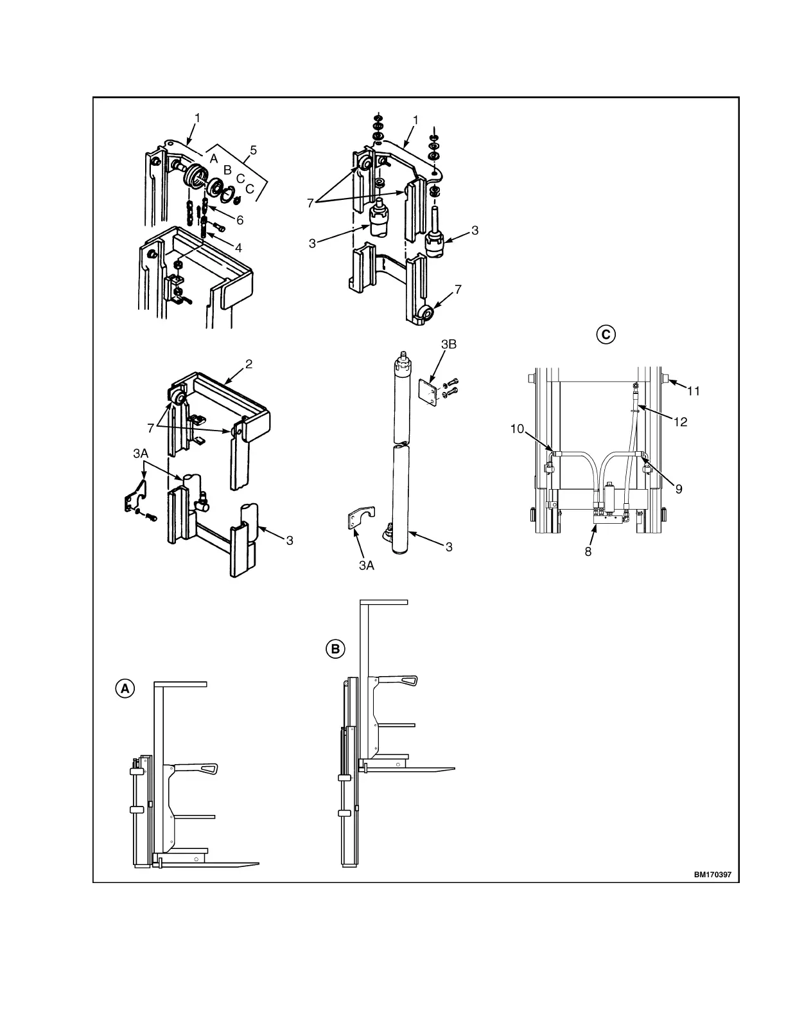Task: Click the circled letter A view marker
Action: pyautogui.click(x=125, y=688)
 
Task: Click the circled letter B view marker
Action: pyautogui.click(x=335, y=649)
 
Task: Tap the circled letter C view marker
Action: pyautogui.click(x=605, y=334)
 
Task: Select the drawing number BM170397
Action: pyautogui.click(x=712, y=875)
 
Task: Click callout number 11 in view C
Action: pyautogui.click(x=693, y=391)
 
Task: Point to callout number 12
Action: pyautogui.click(x=680, y=422)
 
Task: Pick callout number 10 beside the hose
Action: pyautogui.click(x=518, y=429)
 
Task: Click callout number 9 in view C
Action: pyautogui.click(x=679, y=489)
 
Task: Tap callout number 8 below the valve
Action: pyautogui.click(x=588, y=551)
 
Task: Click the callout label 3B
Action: pyautogui.click(x=448, y=344)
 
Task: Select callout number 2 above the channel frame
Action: pyautogui.click(x=249, y=364)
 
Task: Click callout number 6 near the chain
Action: pyautogui.click(x=240, y=220)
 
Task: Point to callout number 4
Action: pyautogui.click(x=238, y=247)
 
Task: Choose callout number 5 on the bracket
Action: pyautogui.click(x=253, y=150)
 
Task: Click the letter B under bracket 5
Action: pyautogui.click(x=227, y=170)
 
